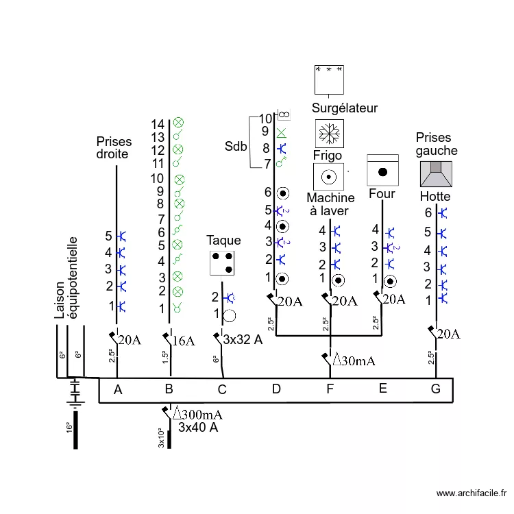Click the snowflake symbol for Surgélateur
pyautogui.click(x=329, y=133)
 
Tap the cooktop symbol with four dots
pyautogui.click(x=222, y=262)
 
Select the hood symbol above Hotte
pyautogui.click(x=436, y=173)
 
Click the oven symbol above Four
pyautogui.click(x=382, y=169)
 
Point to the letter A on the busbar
pyautogui.click(x=118, y=390)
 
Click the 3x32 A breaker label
pyautogui.click(x=243, y=339)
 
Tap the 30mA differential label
pyautogui.click(x=353, y=360)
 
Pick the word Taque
pyautogui.click(x=224, y=241)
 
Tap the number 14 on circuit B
pyautogui.click(x=158, y=124)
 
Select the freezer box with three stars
pyautogui.click(x=328, y=79)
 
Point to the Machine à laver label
pyautogui.click(x=330, y=204)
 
